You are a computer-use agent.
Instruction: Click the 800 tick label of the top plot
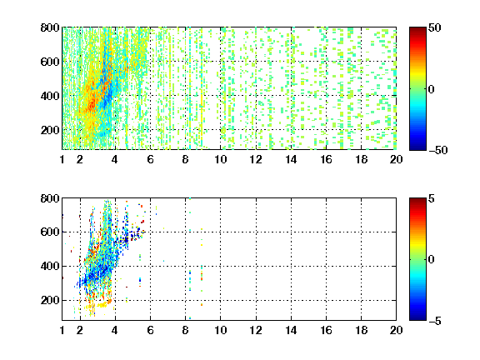(x=50, y=27)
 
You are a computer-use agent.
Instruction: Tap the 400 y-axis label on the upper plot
(x=50, y=96)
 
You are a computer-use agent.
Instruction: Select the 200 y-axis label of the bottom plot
(x=50, y=300)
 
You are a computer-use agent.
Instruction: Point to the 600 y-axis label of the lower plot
(x=50, y=232)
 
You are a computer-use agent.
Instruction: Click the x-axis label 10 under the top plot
(x=220, y=159)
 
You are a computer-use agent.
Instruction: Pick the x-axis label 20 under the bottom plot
(x=396, y=330)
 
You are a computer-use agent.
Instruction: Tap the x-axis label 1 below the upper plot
(x=62, y=159)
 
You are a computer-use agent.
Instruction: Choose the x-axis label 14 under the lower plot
(x=291, y=330)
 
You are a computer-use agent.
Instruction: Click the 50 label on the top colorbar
(x=434, y=27)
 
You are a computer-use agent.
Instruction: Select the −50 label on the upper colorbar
(x=437, y=150)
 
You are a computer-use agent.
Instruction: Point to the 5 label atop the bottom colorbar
(x=432, y=198)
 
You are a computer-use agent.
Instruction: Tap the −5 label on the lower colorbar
(x=435, y=321)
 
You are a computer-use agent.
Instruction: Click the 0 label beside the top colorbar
(x=432, y=89)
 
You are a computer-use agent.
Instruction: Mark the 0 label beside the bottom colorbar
(x=432, y=260)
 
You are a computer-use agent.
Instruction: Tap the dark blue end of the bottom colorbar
(x=417, y=317)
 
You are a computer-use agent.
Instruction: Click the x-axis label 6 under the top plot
(x=150, y=159)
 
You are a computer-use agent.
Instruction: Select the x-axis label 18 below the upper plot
(x=361, y=159)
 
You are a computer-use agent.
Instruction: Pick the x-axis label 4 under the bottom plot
(x=115, y=330)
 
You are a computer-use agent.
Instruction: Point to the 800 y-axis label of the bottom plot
(x=50, y=198)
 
